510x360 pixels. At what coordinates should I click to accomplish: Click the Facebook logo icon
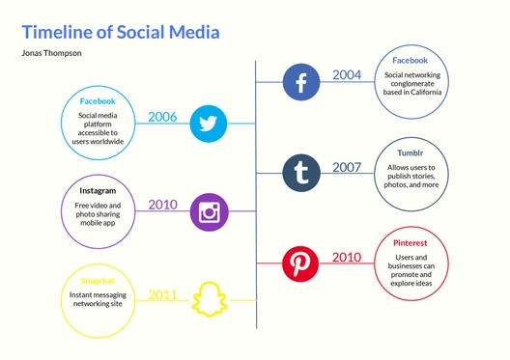(300, 82)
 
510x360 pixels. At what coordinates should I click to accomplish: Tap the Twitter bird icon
(209, 124)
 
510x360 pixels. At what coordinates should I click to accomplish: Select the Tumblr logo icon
(301, 174)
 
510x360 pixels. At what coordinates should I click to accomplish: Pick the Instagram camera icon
(209, 211)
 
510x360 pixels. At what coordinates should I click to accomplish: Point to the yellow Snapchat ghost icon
(209, 300)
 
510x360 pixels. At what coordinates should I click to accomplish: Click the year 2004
(347, 74)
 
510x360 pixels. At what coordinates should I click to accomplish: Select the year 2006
(162, 117)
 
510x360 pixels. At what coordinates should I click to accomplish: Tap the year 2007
(347, 167)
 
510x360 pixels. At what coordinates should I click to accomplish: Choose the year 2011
(162, 294)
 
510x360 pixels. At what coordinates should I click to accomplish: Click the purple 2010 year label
(162, 205)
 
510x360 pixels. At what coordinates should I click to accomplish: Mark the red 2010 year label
(347, 257)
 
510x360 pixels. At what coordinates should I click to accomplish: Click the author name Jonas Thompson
(51, 53)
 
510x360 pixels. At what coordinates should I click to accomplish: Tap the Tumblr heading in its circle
(410, 152)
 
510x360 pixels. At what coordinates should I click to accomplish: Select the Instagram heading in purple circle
(98, 191)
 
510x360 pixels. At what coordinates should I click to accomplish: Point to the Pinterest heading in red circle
(410, 245)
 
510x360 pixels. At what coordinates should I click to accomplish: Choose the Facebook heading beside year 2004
(410, 60)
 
